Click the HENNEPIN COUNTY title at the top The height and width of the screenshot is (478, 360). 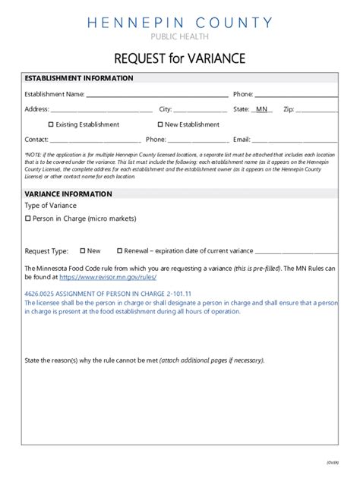(x=180, y=23)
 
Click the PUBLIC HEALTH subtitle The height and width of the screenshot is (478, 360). (x=180, y=36)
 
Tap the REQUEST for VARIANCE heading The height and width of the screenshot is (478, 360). (x=180, y=58)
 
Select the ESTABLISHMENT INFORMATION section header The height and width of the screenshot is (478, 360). (x=70, y=79)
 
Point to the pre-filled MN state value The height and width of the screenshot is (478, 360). (x=261, y=109)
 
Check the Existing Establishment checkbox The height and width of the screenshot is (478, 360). (x=51, y=124)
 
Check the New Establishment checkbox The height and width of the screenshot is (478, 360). (x=160, y=124)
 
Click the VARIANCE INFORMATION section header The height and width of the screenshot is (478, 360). (x=68, y=194)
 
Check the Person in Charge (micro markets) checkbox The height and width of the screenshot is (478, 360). (x=27, y=219)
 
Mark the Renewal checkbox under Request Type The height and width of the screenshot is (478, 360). (x=119, y=250)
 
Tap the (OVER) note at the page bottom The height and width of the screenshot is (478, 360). (x=332, y=462)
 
